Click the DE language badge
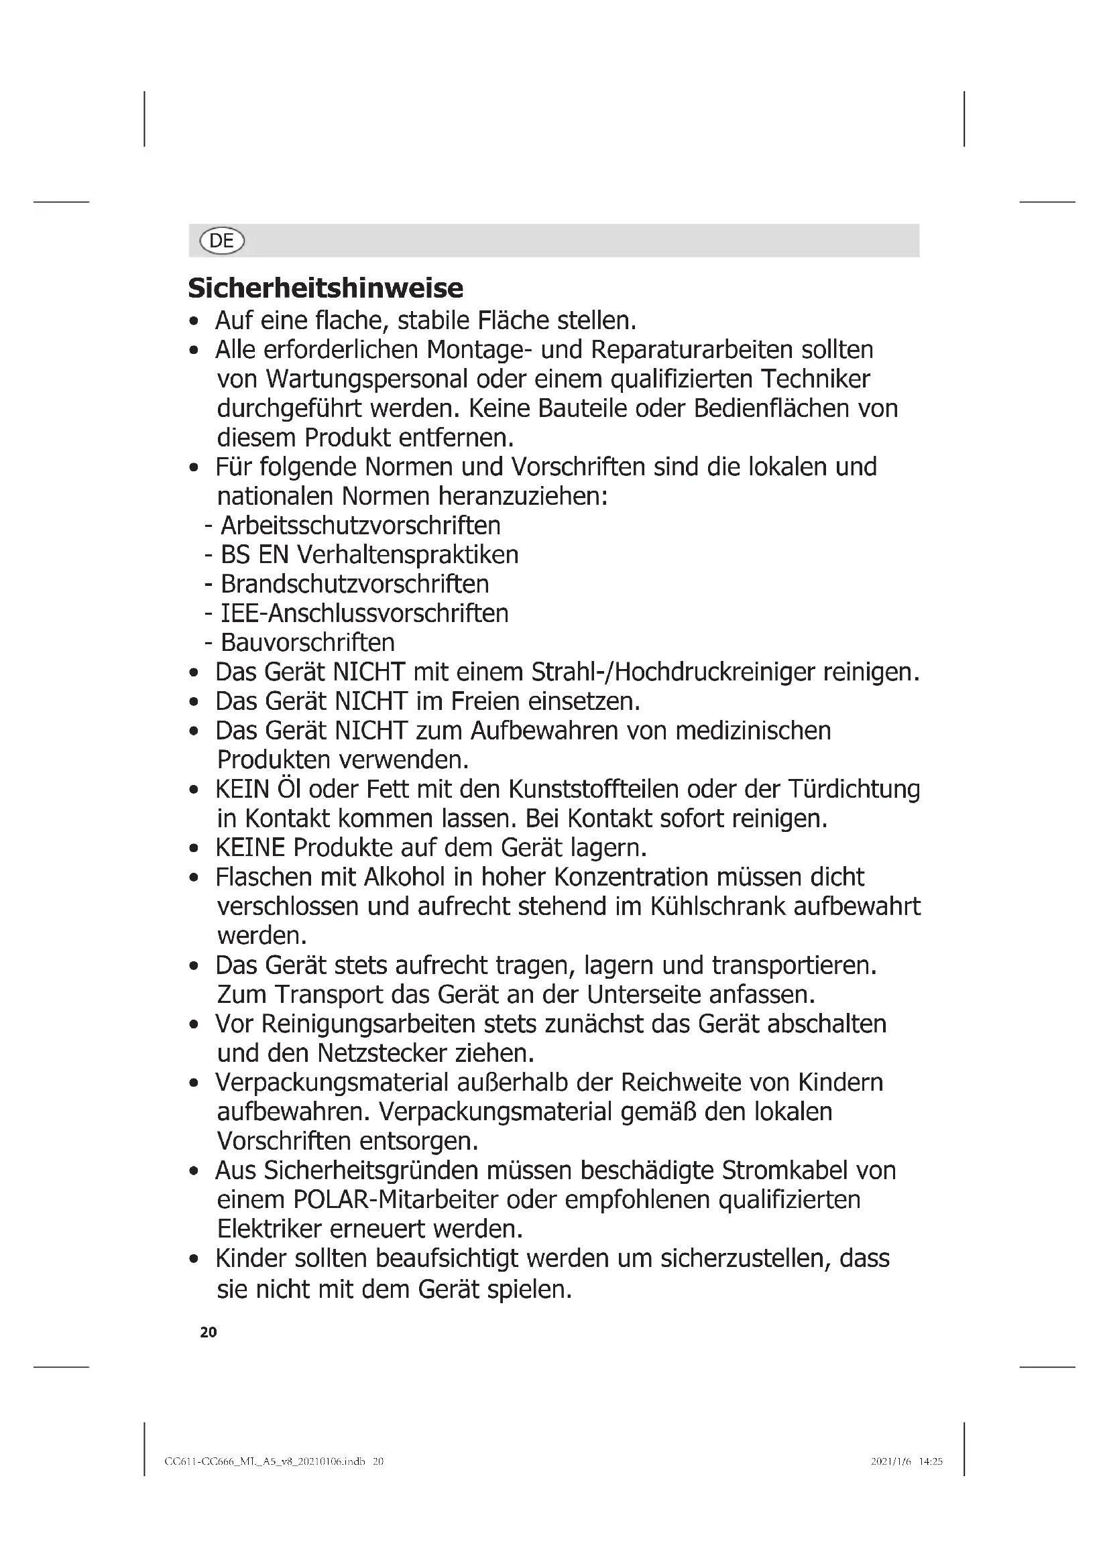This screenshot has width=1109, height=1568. tap(221, 241)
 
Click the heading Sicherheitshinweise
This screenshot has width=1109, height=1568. tap(325, 288)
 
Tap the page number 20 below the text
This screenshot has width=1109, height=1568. tap(209, 1332)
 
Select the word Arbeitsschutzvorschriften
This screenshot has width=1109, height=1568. tap(361, 525)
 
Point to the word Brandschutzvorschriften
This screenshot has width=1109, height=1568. tap(355, 584)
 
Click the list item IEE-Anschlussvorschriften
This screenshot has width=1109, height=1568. tap(365, 613)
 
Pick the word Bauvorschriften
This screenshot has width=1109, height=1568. tap(308, 643)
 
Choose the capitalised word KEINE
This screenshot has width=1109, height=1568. tap(250, 847)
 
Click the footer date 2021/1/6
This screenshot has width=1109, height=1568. tap(891, 1461)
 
